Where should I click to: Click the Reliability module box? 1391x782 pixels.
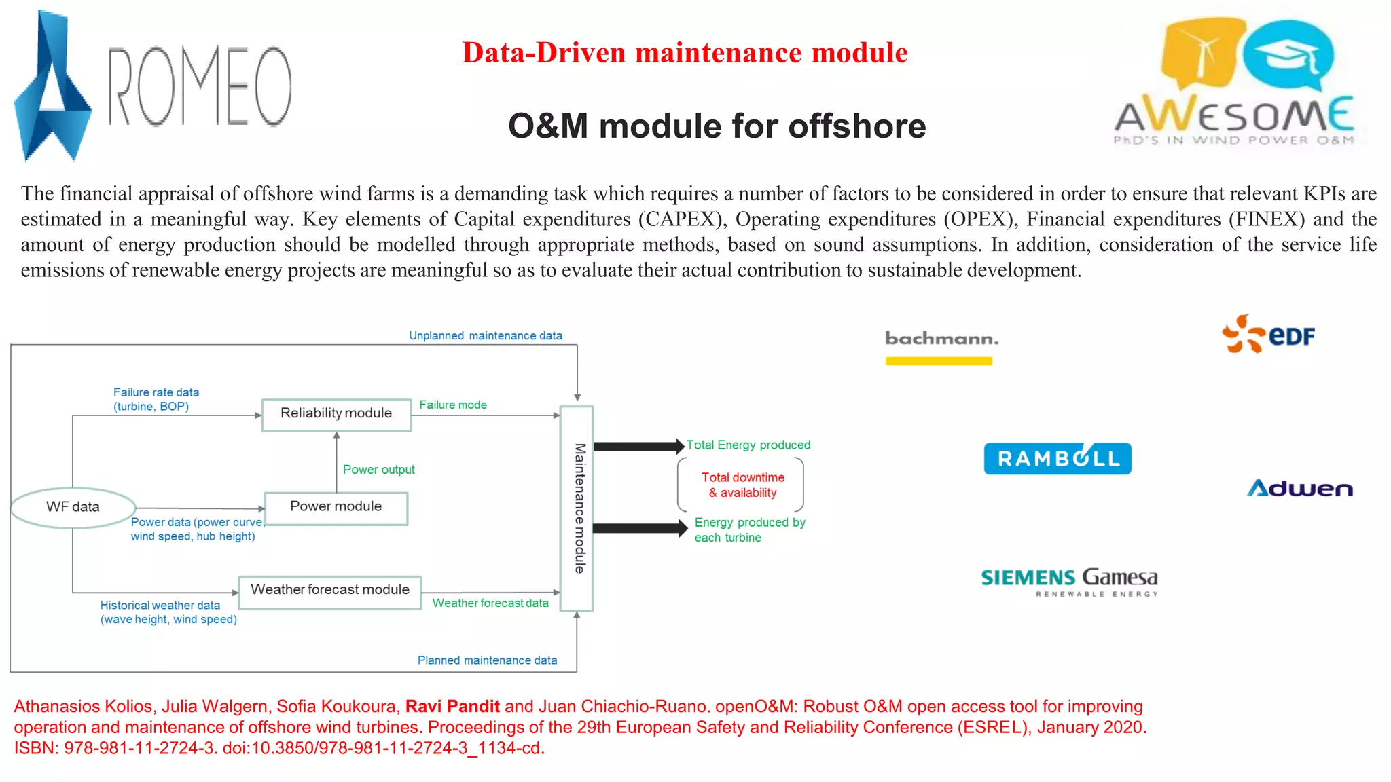336,414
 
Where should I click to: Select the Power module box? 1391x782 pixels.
336,508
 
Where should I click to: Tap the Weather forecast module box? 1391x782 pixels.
330,591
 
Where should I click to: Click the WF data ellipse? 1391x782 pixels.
73,507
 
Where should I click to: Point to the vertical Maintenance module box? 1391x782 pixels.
577,508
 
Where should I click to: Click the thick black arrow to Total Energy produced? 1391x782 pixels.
638,446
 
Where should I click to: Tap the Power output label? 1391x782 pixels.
378,470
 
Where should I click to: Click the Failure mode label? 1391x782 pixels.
453,405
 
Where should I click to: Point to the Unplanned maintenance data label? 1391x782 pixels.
485,336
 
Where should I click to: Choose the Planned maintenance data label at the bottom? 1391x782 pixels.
487,660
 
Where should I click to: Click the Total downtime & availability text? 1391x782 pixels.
742,485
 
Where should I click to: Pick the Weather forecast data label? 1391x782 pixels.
490,603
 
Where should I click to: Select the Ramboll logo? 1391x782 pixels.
1058,459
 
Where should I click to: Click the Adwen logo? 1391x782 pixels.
1300,489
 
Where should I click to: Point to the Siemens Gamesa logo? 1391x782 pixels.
1070,580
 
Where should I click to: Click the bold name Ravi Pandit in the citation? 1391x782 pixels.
452,707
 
